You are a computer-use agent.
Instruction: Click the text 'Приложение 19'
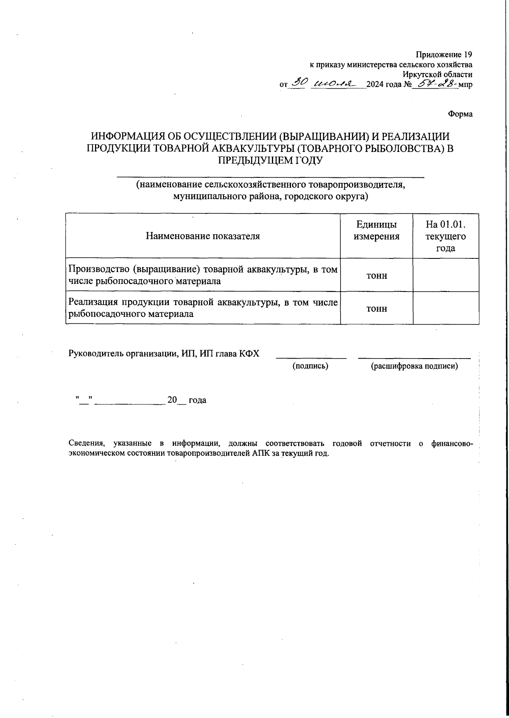[x=444, y=55]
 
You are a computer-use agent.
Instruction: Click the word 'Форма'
[x=460, y=114]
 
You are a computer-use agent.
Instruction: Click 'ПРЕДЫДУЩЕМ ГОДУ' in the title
[x=271, y=160]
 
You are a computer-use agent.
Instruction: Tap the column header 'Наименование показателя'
[x=203, y=236]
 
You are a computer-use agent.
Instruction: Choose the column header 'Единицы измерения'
[x=376, y=230]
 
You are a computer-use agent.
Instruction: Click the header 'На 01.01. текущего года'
[x=446, y=236]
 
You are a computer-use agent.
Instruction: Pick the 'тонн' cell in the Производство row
[x=376, y=275]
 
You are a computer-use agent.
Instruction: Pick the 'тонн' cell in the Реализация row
[x=376, y=309]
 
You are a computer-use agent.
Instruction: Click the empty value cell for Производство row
[x=446, y=275]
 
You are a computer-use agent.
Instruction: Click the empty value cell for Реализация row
[x=446, y=309]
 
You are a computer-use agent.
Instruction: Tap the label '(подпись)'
[x=310, y=366]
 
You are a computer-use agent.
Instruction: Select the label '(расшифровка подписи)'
[x=414, y=366]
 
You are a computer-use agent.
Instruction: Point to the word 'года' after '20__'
[x=197, y=400]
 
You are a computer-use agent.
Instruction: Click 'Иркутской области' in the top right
[x=437, y=74]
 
